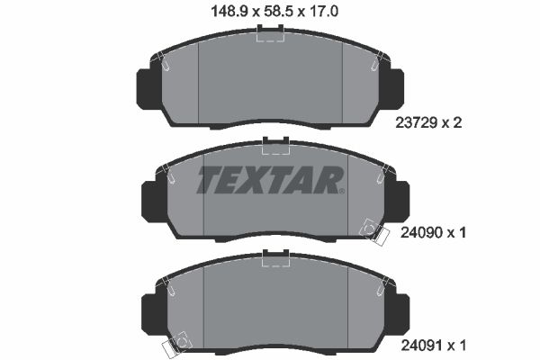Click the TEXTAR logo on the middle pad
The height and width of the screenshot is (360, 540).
pos(270,180)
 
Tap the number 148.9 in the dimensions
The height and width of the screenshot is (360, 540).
pos(220,12)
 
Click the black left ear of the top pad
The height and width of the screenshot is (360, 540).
pos(147,86)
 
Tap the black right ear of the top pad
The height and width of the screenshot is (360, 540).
pos(395,86)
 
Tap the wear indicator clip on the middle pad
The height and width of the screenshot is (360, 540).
pos(369,229)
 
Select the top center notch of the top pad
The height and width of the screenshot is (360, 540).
pos(270,34)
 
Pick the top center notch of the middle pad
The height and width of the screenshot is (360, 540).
pos(274,143)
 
